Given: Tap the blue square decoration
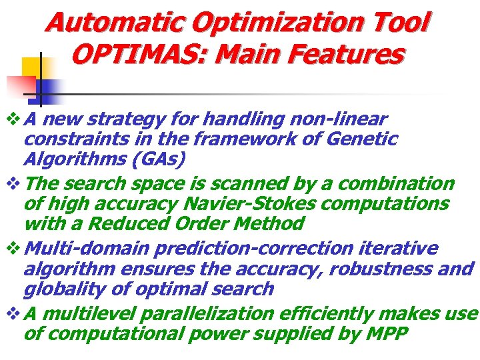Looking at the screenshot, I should tap(50, 87).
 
